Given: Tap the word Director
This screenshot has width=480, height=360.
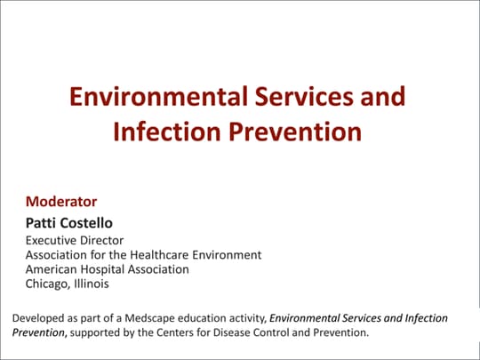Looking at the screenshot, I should pyautogui.click(x=103, y=240).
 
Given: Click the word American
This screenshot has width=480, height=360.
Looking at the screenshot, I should pyautogui.click(x=52, y=268).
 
